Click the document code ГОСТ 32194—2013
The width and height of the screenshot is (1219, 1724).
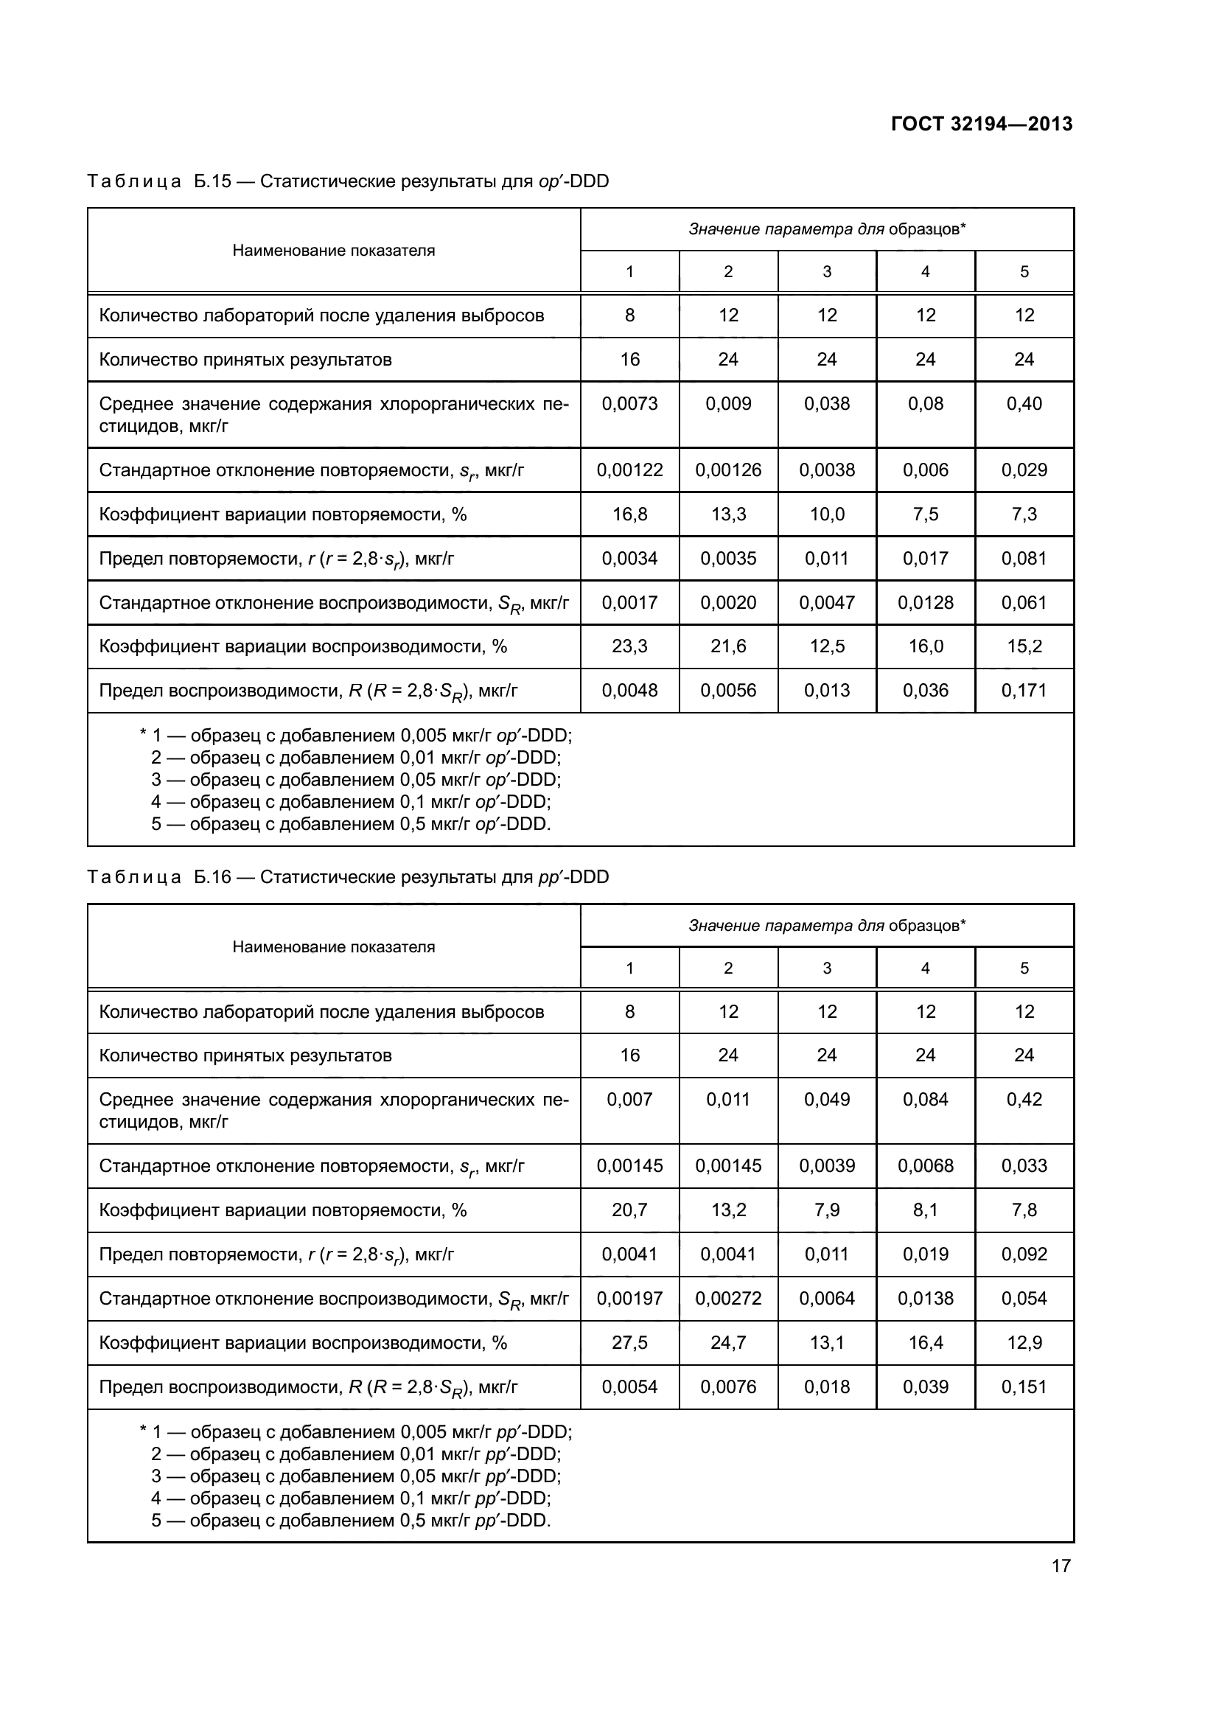click(x=981, y=124)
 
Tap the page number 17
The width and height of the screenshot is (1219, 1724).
click(x=1061, y=1566)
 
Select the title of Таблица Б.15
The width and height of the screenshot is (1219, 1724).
click(x=348, y=182)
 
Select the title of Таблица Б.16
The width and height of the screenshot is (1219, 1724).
click(x=348, y=877)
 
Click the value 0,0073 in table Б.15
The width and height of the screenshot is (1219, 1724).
click(x=629, y=404)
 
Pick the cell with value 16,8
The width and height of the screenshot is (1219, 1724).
click(x=629, y=514)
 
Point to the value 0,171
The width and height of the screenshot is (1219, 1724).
click(x=1023, y=690)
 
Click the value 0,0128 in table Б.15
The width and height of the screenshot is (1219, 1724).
click(x=925, y=602)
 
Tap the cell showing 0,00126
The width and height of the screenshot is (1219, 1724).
click(x=727, y=470)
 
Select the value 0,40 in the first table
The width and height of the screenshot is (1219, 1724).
click(x=1023, y=404)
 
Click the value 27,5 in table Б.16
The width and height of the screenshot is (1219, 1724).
click(x=629, y=1342)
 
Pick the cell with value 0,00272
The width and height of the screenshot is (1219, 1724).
click(x=727, y=1298)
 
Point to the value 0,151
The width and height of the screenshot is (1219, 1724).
click(x=1023, y=1387)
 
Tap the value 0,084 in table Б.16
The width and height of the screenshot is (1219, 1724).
click(x=925, y=1099)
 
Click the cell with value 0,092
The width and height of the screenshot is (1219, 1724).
click(x=1023, y=1254)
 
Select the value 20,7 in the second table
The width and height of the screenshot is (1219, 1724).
click(x=629, y=1210)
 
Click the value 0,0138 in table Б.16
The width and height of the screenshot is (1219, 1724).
click(x=925, y=1298)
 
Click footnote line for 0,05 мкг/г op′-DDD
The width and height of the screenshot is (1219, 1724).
click(x=356, y=779)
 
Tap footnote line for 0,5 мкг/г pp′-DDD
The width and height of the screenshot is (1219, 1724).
click(x=351, y=1521)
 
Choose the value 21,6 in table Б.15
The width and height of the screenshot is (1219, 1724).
click(x=727, y=646)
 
